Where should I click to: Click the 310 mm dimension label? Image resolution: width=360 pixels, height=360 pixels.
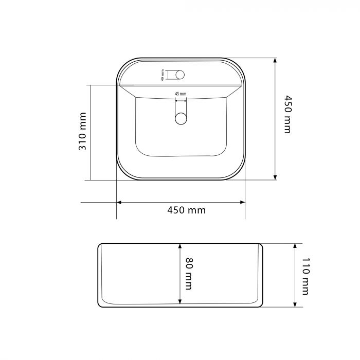coord(82,131)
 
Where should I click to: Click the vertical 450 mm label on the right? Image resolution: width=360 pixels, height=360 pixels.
coord(287,114)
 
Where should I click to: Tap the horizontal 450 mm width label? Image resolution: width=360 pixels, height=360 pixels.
coord(186,210)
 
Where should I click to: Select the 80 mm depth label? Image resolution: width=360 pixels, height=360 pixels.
coord(189,274)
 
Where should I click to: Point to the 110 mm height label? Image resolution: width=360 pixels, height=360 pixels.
coord(306,276)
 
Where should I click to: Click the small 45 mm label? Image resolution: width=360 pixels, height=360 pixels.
coord(181,94)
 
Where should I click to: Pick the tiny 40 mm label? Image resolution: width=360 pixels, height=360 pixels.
coord(163,75)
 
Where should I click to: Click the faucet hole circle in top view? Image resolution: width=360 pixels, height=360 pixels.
coord(180,75)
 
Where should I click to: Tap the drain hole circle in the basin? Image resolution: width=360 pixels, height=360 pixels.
coord(181,118)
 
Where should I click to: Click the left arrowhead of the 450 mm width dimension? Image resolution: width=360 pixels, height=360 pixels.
coord(119,202)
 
